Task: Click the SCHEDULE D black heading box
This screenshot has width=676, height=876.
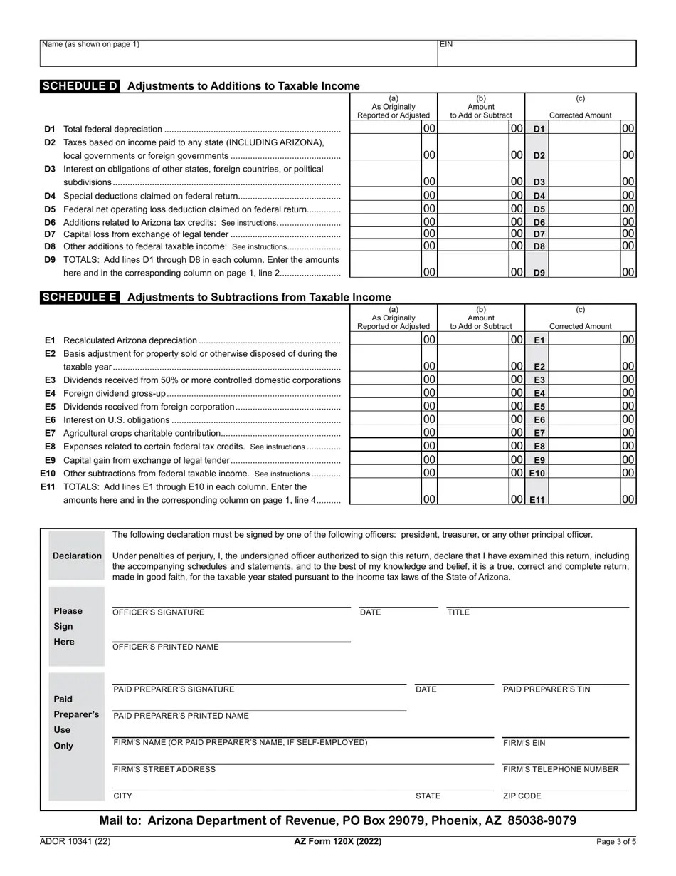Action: pos(80,86)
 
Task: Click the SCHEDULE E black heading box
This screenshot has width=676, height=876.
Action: pos(80,297)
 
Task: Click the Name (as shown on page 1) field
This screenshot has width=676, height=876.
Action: pos(238,53)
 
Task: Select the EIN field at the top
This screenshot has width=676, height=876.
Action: pos(537,53)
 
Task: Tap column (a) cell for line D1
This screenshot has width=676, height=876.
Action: pos(394,129)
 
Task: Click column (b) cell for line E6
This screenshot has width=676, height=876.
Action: pos(481,419)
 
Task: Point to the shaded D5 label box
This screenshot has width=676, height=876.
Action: pos(539,209)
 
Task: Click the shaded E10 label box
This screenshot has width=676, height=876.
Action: pos(537,474)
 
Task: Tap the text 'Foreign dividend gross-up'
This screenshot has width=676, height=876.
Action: pos(115,393)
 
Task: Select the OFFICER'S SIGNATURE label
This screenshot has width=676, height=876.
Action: pos(158,612)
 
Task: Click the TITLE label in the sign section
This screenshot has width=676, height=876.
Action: pos(458,612)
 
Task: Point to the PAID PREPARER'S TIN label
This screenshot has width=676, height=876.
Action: pos(546,689)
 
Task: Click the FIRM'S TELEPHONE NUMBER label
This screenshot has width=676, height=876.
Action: pos(561,769)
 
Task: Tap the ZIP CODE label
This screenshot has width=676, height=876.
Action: pos(522,796)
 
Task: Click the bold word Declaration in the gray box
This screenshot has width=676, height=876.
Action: pos(77,556)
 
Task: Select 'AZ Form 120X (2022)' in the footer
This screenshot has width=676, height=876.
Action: pos(338,842)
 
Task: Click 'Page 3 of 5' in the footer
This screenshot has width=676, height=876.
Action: pos(616,842)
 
